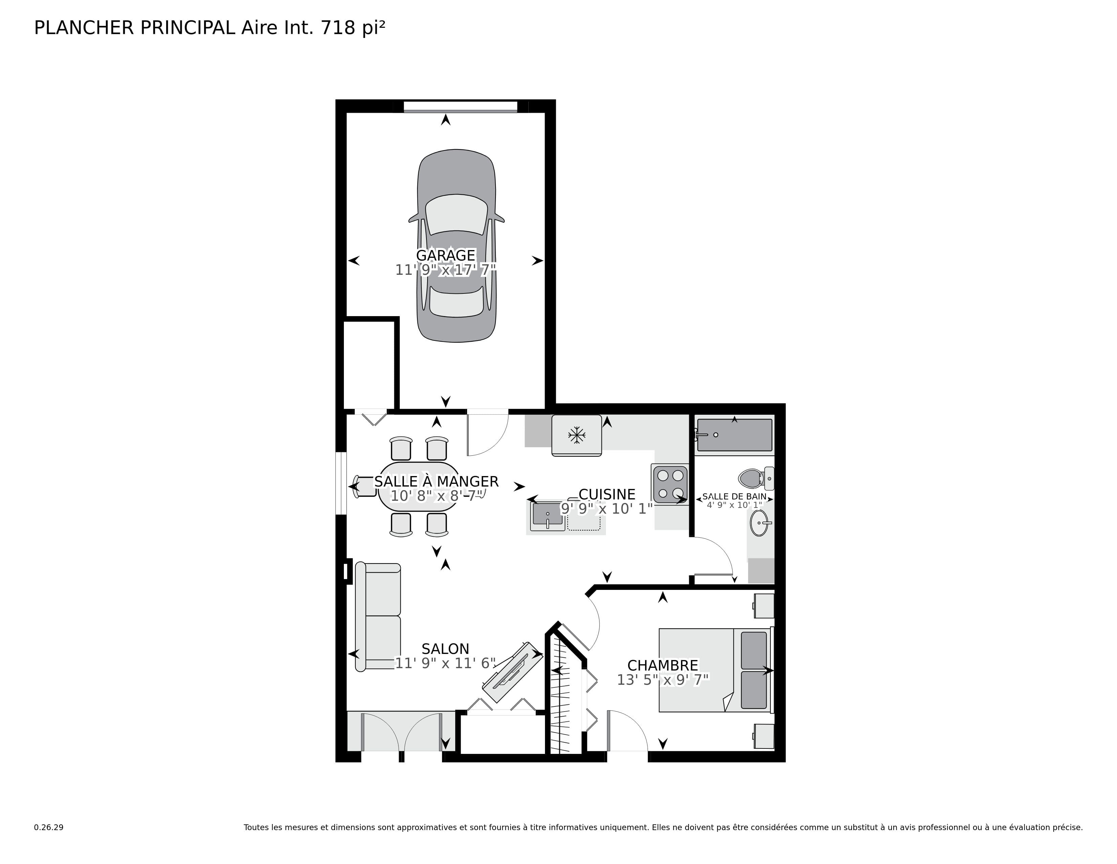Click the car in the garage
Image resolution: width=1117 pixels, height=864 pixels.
tap(456, 246)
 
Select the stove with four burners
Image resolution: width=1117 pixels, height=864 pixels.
tap(670, 484)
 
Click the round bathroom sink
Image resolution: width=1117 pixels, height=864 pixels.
tap(760, 522)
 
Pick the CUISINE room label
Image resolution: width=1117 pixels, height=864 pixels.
tap(607, 494)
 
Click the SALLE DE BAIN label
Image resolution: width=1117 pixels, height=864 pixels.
tap(735, 496)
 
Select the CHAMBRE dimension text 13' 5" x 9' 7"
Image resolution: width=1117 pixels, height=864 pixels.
tap(663, 680)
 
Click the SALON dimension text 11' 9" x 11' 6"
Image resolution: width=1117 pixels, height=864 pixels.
tap(445, 663)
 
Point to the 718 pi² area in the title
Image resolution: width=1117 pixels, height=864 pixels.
tap(352, 28)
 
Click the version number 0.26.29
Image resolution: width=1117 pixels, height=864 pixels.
tap(49, 828)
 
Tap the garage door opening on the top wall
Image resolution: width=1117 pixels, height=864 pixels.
tap(460, 107)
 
